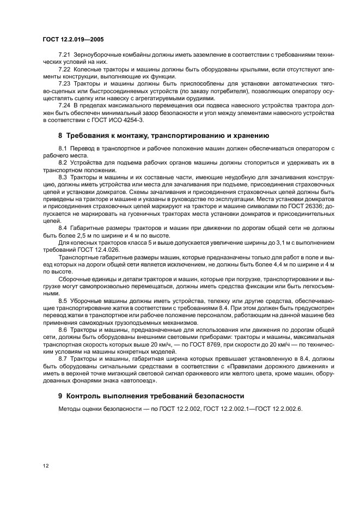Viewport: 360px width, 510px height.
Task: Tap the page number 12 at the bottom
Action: click(x=46, y=466)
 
